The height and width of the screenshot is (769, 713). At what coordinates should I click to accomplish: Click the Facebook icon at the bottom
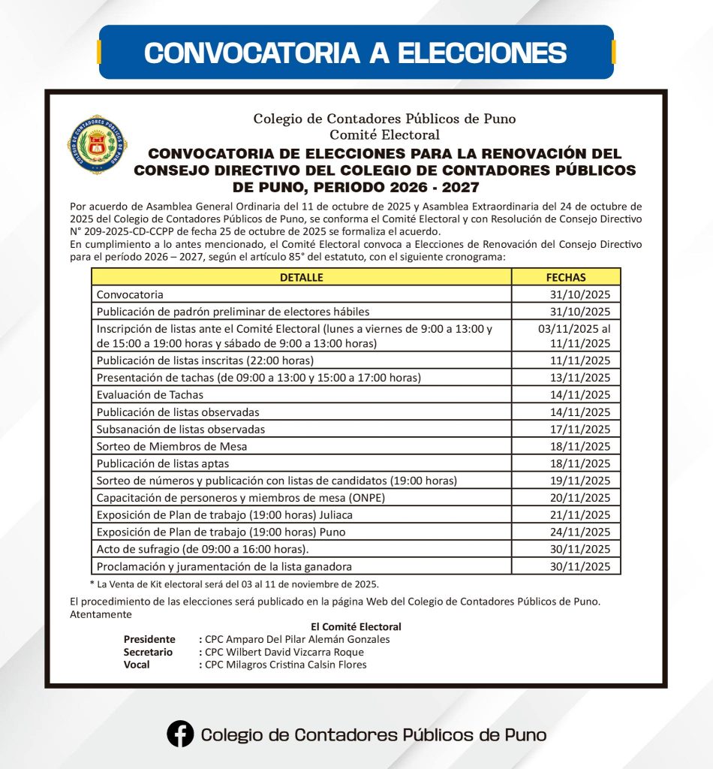(x=180, y=734)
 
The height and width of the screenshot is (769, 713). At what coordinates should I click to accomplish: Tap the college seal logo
(x=98, y=145)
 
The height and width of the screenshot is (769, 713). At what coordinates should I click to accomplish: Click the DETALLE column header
(x=301, y=277)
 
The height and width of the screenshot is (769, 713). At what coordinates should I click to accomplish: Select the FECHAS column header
(x=566, y=277)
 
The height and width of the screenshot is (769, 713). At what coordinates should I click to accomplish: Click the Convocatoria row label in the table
(x=130, y=294)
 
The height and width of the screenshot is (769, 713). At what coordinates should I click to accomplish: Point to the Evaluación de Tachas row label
(x=150, y=394)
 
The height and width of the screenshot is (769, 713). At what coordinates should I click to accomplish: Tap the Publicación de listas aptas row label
(x=163, y=463)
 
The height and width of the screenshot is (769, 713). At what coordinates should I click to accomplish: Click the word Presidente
(x=149, y=639)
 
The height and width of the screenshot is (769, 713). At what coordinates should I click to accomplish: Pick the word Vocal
(x=137, y=665)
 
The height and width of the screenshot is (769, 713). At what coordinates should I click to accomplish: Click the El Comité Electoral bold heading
(x=356, y=626)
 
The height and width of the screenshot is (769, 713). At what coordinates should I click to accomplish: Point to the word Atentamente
(x=100, y=614)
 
